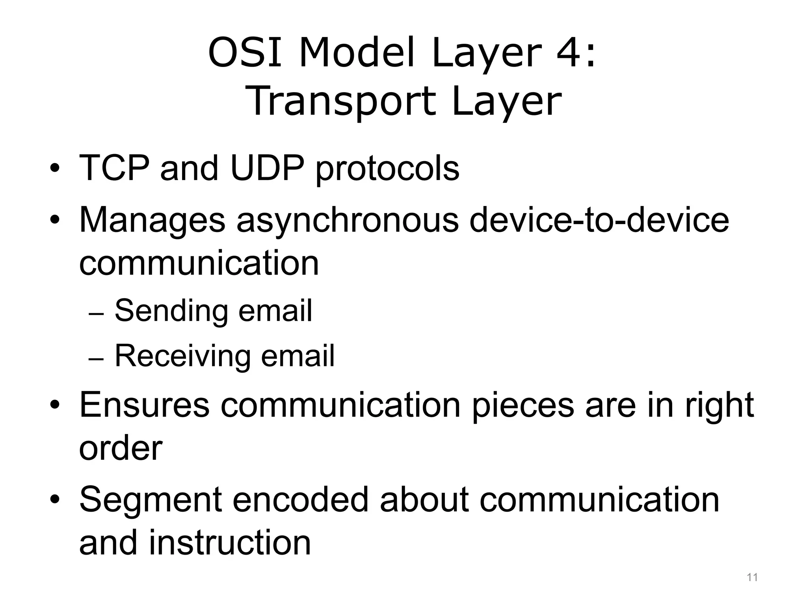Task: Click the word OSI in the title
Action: [x=245, y=52]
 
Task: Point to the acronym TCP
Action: [x=114, y=168]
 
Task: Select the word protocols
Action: [x=387, y=169]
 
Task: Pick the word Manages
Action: [x=152, y=221]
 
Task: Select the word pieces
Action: [x=523, y=406]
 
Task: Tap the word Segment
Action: [x=150, y=500]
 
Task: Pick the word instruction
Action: [x=230, y=543]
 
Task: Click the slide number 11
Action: [x=752, y=577]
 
